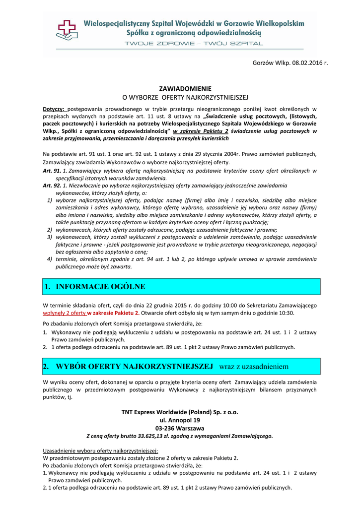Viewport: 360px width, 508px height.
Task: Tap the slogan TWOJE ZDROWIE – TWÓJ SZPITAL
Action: [x=194, y=44]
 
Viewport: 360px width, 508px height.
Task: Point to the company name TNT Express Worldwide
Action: [x=180, y=412]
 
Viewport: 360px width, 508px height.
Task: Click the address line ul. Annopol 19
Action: [x=180, y=420]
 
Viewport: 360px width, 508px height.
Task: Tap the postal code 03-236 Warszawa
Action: [x=180, y=428]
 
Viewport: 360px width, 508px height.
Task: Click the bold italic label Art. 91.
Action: [x=52, y=171]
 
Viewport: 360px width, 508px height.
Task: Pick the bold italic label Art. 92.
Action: [x=52, y=185]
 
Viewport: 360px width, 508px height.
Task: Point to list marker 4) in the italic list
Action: [x=50, y=259]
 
